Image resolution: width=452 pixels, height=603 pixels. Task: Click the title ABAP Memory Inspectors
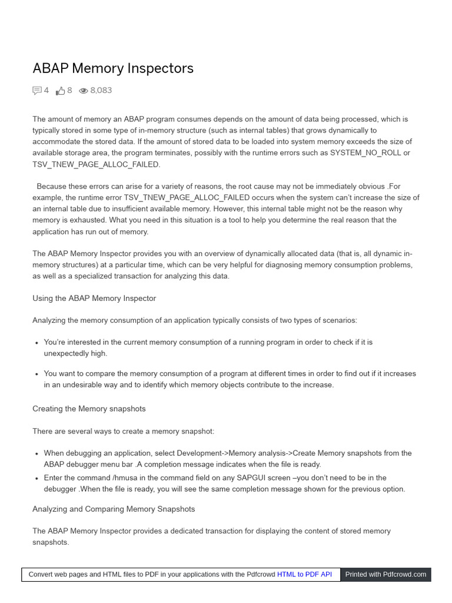[x=113, y=68]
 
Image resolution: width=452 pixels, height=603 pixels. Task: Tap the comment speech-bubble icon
[x=37, y=91]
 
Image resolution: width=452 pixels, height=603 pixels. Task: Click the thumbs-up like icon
[x=60, y=91]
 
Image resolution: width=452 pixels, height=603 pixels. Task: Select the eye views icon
[x=84, y=91]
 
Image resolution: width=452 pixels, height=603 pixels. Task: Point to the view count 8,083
[x=101, y=91]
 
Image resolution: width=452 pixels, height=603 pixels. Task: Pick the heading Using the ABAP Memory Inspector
[x=94, y=299]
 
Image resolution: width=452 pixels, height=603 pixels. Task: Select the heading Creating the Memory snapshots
[x=89, y=409]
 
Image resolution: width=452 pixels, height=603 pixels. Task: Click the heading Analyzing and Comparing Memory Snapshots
[x=114, y=509]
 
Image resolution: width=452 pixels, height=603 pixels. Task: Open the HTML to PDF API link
[x=304, y=574]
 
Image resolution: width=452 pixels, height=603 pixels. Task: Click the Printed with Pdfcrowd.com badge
[x=385, y=574]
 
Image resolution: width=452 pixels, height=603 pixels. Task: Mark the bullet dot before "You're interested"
[x=37, y=343]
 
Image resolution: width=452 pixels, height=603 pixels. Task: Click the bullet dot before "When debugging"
[x=37, y=454]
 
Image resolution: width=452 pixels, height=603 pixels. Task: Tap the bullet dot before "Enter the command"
[x=37, y=478]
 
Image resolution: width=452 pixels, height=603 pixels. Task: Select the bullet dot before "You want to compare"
[x=37, y=374]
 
